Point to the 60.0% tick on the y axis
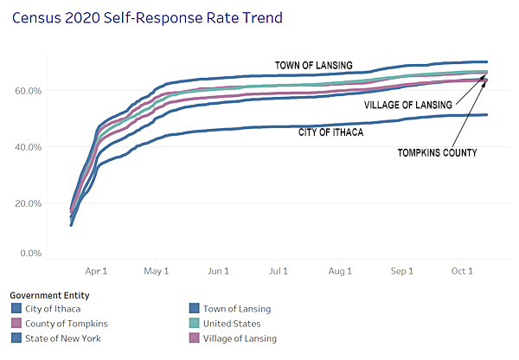(29, 90)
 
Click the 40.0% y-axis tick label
(29, 147)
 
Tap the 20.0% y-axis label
(29, 203)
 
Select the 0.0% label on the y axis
(31, 254)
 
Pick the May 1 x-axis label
(157, 271)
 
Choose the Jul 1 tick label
(279, 271)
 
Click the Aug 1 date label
(341, 271)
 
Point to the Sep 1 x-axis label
(402, 271)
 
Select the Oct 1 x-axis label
(462, 271)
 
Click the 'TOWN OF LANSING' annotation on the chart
(313, 65)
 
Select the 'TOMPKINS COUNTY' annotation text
(438, 152)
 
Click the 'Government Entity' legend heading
(44, 294)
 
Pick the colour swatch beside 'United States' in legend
(195, 324)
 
